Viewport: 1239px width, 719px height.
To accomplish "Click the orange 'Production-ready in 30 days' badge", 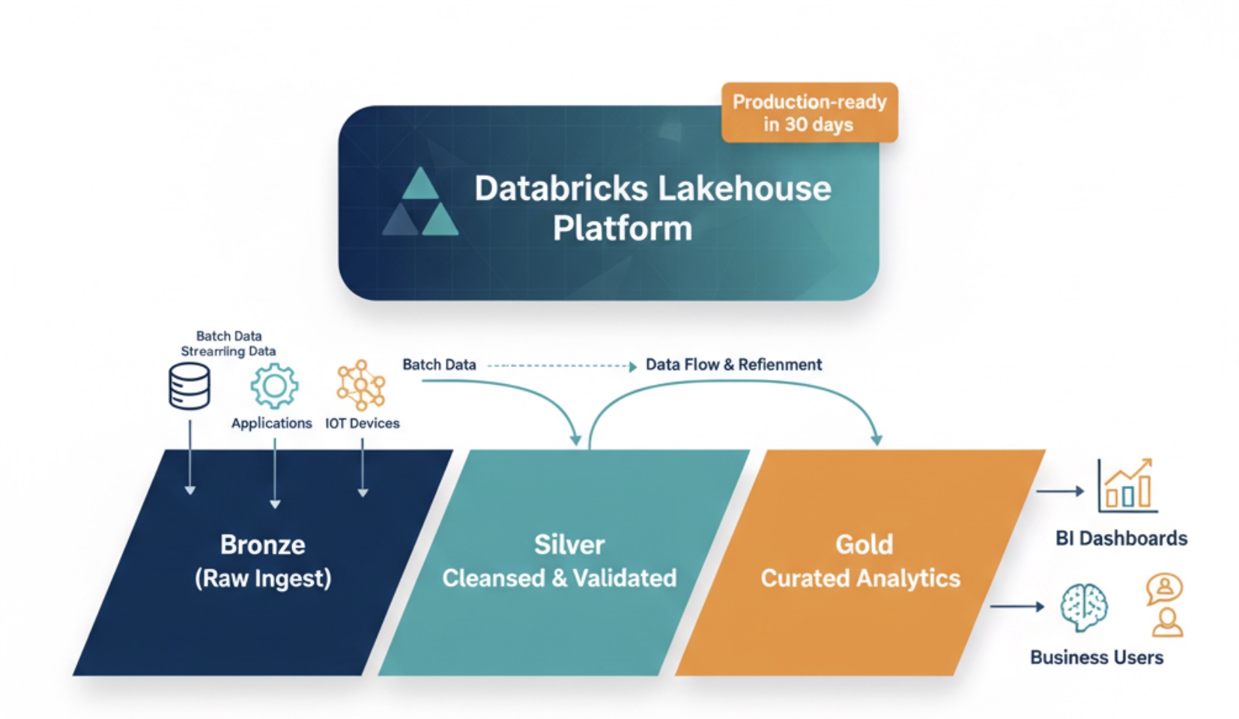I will coord(809,112).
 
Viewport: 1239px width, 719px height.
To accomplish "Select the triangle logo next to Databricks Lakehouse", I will coord(420,203).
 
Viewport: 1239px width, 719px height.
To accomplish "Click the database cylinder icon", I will coord(189,386).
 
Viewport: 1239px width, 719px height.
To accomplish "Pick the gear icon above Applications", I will coord(274,386).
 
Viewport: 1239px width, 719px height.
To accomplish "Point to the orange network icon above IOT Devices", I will coord(361,385).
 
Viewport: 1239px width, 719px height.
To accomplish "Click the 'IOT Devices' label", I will coord(362,423).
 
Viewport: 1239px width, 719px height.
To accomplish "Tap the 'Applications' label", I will coord(271,423).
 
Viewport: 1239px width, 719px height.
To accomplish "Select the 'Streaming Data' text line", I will coord(228,351).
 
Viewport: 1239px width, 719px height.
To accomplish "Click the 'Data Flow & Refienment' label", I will coord(733,365).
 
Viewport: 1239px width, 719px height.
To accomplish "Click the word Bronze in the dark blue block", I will coord(262,544).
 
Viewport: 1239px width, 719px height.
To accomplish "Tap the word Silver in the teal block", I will coord(569,544).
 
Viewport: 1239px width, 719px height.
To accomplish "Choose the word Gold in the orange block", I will coord(864,544).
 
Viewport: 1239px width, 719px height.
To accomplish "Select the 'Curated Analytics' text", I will coord(860,578).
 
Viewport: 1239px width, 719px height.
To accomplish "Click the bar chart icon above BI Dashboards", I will coord(1127,486).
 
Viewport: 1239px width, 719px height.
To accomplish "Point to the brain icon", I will coord(1083,607).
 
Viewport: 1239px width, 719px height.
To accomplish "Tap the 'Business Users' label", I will coord(1096,658).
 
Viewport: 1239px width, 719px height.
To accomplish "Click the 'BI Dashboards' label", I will coord(1121,539).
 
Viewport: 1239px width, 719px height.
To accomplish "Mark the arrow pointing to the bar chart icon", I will coord(1060,491).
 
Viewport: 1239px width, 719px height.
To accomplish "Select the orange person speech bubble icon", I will coord(1164,589).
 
